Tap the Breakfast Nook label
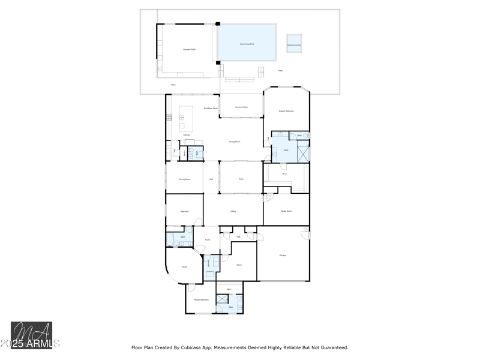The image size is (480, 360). [211, 109]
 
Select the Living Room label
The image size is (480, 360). [235, 142]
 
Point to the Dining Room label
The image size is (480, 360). [184, 179]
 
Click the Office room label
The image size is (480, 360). [233, 212]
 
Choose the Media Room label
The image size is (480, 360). [286, 211]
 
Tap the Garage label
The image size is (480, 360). [283, 255]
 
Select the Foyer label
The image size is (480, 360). [207, 239]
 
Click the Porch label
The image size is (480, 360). [184, 267]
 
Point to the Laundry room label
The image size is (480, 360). [209, 262]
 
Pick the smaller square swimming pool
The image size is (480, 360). [294, 43]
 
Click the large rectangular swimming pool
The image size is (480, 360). [247, 42]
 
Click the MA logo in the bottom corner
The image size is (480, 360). [31, 335]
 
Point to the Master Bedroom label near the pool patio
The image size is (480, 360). [286, 111]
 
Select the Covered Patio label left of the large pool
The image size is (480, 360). [190, 49]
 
